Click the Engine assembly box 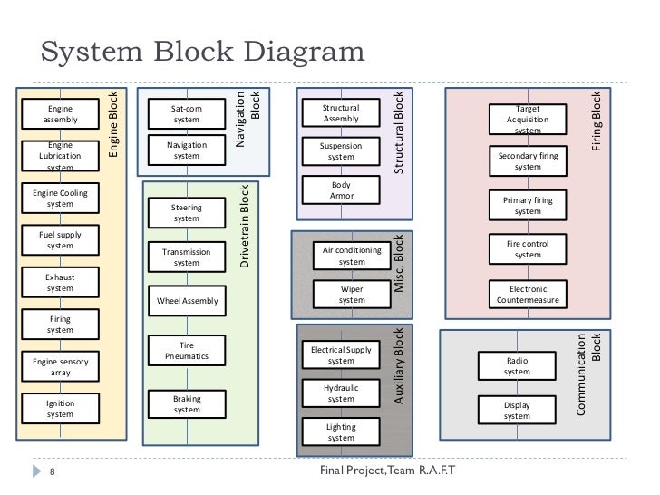coord(61,113)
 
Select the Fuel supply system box coord(61,240)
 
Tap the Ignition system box coord(61,408)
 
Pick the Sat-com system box coord(187,113)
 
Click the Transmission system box coord(187,257)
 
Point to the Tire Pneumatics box coord(187,350)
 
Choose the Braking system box coord(187,403)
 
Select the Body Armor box coord(341,189)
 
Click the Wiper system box coord(352,294)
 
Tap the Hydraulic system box coord(341,393)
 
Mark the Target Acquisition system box coord(527,120)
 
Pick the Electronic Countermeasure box coord(527,294)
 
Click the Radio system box coord(517,365)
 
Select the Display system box coord(517,410)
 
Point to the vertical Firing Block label coord(596,120)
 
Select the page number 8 coord(53,471)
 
